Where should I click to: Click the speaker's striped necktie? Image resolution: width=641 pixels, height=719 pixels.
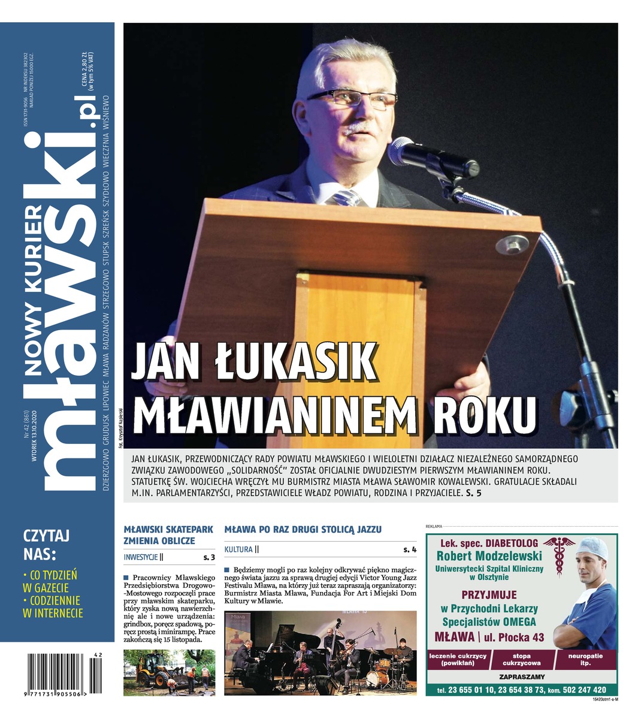coord(346,198)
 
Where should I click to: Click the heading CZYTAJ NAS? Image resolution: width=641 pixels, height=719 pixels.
coord(47,543)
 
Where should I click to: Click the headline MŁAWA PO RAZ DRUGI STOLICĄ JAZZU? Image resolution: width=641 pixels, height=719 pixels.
coord(303,530)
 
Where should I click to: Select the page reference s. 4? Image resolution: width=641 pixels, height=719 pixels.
coord(410,549)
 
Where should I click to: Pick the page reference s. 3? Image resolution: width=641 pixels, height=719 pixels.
coord(209,557)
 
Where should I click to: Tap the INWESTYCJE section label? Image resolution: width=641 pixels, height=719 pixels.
coord(141,557)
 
